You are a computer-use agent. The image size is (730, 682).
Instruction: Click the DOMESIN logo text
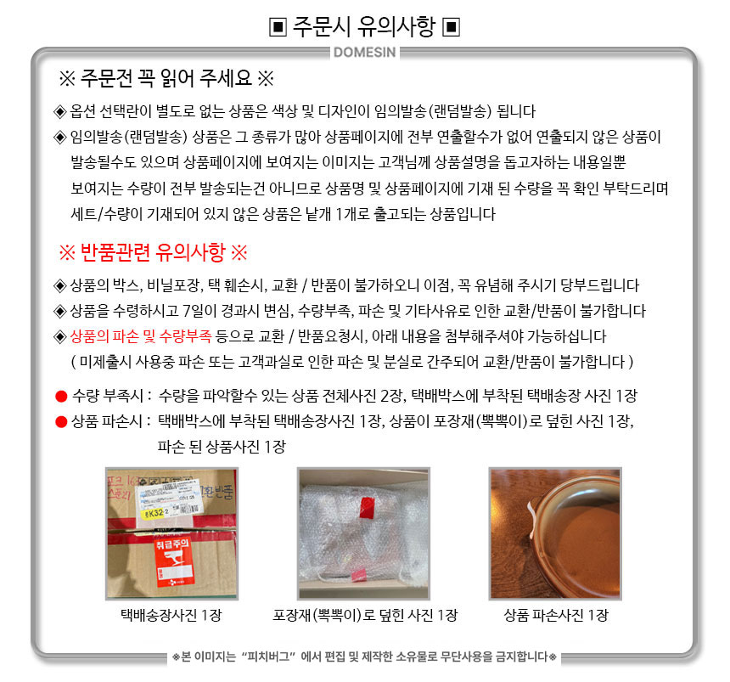coord(364,52)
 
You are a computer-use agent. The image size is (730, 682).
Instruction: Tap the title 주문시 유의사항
coord(363,26)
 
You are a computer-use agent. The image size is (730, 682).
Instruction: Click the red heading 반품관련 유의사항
coord(153,252)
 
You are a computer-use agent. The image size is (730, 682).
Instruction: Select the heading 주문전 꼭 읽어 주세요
coord(166,78)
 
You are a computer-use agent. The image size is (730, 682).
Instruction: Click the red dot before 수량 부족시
coord(61,397)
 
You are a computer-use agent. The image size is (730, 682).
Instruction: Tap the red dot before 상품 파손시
coord(61,422)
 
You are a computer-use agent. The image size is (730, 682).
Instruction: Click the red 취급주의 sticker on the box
coord(172,561)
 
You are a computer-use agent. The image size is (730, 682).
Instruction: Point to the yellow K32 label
coord(154,513)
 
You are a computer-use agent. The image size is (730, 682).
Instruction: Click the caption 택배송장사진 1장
coord(171,616)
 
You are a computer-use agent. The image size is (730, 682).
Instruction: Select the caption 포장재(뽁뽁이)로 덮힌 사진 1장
coord(365,616)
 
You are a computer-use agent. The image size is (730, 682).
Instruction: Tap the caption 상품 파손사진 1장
coord(556,616)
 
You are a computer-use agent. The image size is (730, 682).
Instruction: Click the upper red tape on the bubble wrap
coord(367,507)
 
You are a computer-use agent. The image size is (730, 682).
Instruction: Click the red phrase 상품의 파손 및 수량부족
coord(141,336)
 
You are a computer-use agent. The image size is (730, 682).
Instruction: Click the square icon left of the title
coord(278,27)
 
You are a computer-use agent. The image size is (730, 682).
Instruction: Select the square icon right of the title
coord(451,27)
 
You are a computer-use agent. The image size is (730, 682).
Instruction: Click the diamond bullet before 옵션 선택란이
coord(60,112)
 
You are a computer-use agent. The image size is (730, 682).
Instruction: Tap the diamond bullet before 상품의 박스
coord(60,285)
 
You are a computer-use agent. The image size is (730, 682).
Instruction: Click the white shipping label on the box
coord(170,501)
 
